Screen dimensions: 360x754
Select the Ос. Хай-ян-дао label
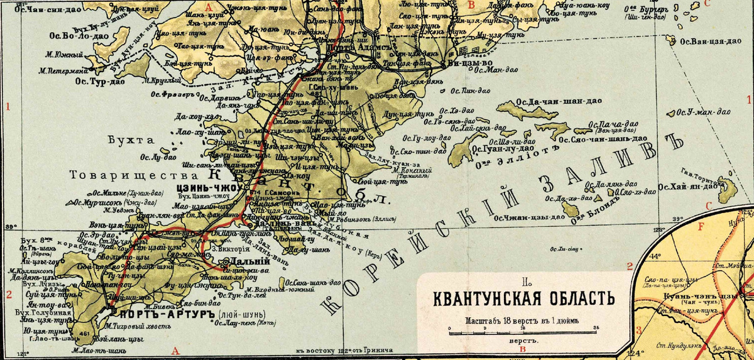click(x=689, y=186)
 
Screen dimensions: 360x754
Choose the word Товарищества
click(x=130, y=173)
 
